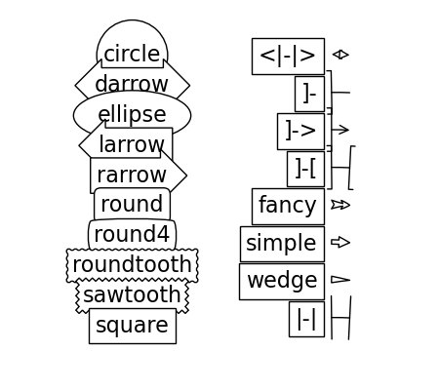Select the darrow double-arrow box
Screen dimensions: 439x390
pyautogui.click(x=132, y=85)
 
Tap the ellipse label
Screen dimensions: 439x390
pyautogui.click(x=132, y=114)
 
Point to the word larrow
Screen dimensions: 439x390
pyautogui.click(x=132, y=144)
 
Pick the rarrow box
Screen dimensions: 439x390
pyautogui.click(x=139, y=175)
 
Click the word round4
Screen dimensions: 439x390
pyautogui.click(x=132, y=234)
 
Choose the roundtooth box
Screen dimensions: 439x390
pyautogui.click(x=132, y=265)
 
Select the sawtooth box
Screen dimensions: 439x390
pyautogui.click(x=132, y=295)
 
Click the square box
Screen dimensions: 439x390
pyautogui.click(x=133, y=326)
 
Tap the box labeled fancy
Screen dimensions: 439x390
pyautogui.click(x=288, y=206)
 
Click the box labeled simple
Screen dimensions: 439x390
pyautogui.click(x=282, y=244)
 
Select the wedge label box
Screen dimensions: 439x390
pyautogui.click(x=282, y=282)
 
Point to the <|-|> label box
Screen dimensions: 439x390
pyautogui.click(x=288, y=57)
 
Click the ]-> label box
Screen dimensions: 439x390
pyautogui.click(x=300, y=132)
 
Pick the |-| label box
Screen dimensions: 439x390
pyautogui.click(x=306, y=319)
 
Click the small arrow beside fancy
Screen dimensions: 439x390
pyautogui.click(x=340, y=205)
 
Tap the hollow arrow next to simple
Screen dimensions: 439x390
pyautogui.click(x=340, y=242)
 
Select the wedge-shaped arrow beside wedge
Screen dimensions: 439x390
pyautogui.click(x=340, y=280)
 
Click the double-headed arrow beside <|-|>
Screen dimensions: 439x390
pyautogui.click(x=340, y=55)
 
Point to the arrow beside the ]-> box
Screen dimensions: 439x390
pyautogui.click(x=340, y=130)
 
